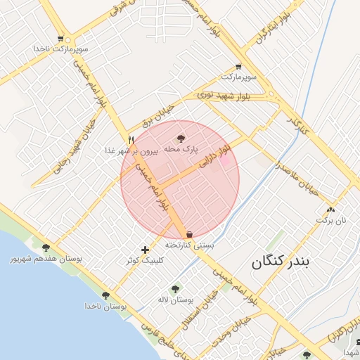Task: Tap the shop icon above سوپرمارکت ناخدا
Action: (x=60, y=39)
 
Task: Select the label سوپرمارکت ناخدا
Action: (x=60, y=49)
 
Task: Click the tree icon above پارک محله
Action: (x=181, y=139)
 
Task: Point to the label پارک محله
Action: (x=181, y=149)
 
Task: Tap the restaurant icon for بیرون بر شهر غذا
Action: (x=131, y=139)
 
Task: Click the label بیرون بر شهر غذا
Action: (x=131, y=150)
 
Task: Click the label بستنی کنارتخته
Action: (x=188, y=245)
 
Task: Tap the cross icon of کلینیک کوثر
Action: (x=145, y=249)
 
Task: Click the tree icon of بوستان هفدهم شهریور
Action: (x=46, y=247)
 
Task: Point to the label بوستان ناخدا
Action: (x=105, y=307)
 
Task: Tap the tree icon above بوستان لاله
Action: (x=175, y=288)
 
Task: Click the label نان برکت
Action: (x=330, y=220)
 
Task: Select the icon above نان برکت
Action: (x=330, y=209)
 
